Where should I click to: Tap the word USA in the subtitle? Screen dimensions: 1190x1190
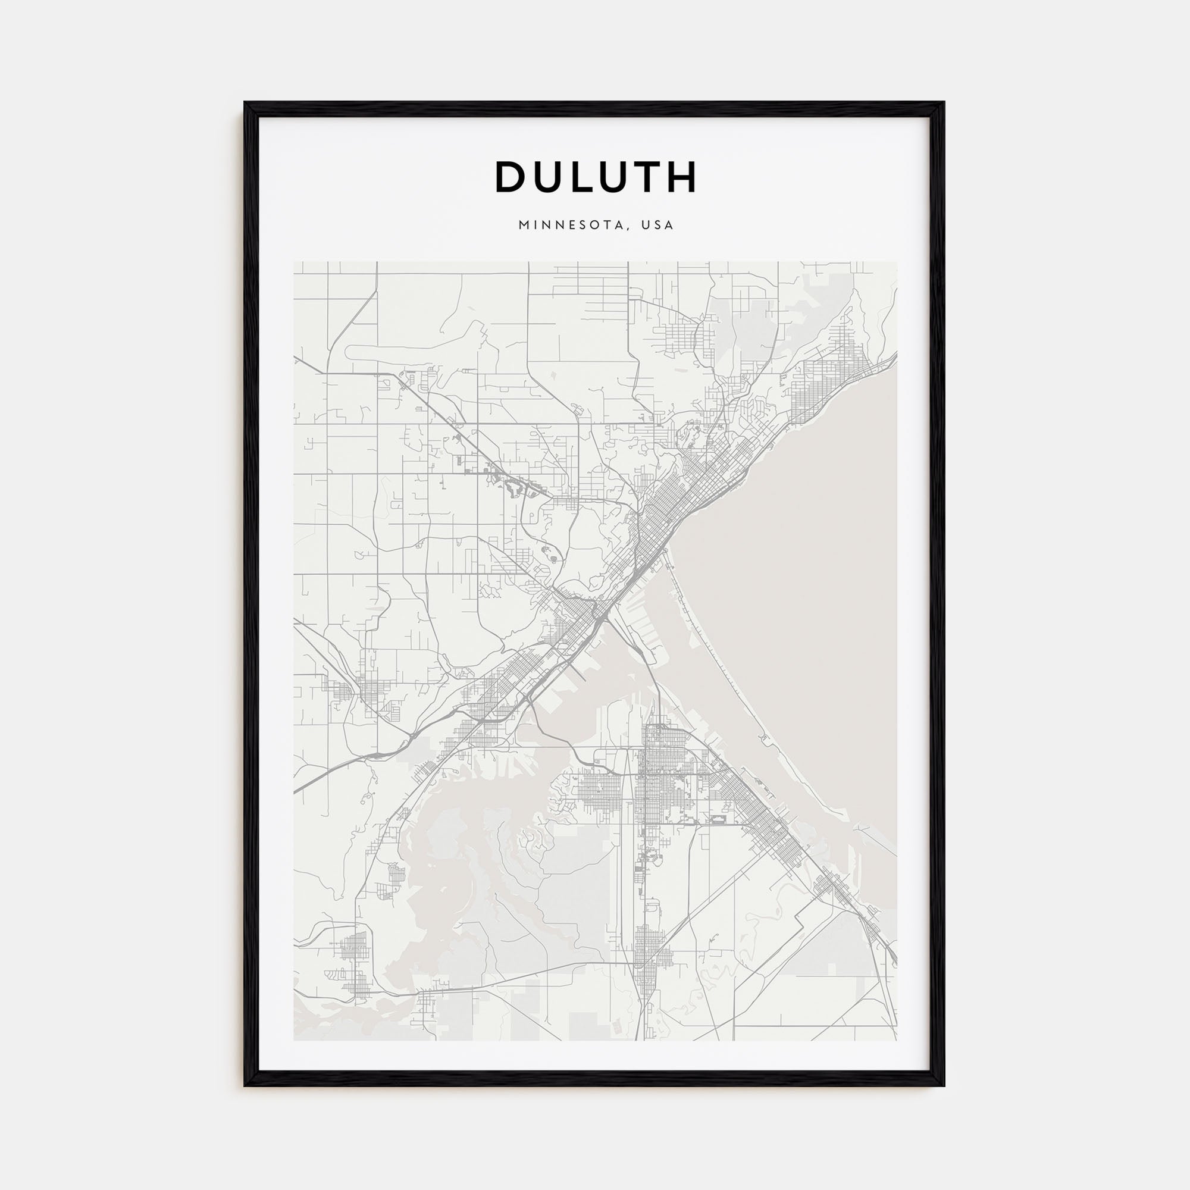pos(657,226)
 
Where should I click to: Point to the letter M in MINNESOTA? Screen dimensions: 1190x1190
pos(524,226)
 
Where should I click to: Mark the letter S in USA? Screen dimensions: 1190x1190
pos(657,226)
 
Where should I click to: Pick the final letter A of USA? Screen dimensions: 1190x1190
pos(669,226)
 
